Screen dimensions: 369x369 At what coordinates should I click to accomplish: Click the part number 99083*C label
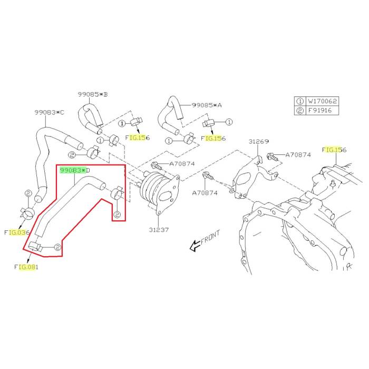tap(49, 112)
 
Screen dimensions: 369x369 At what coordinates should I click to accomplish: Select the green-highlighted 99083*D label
tap(75, 170)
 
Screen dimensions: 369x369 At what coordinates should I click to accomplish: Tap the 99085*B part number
tap(93, 94)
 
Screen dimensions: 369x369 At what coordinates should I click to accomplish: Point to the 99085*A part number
tap(207, 105)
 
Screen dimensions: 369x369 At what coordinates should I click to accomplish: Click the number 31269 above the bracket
tap(259, 141)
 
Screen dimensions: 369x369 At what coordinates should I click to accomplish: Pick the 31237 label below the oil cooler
tap(158, 230)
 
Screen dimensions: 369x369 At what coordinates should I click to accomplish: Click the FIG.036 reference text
tap(17, 232)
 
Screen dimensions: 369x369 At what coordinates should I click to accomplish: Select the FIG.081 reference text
tap(26, 267)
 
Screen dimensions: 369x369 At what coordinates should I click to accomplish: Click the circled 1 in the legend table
tap(299, 100)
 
